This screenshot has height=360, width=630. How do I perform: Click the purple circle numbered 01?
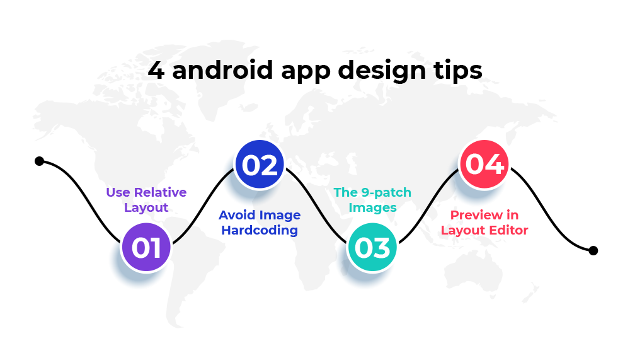[x=146, y=247]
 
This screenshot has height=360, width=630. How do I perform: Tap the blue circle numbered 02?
[x=259, y=165]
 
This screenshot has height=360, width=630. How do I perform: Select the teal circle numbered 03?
[x=372, y=247]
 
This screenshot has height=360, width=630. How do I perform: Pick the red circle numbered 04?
[x=484, y=164]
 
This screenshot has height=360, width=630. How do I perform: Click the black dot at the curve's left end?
[x=39, y=161]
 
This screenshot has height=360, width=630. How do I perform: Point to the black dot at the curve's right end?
[x=593, y=250]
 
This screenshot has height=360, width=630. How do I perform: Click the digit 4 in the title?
[x=156, y=71]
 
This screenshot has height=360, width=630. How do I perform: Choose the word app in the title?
[x=306, y=73]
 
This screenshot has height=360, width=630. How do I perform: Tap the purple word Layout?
[x=146, y=208]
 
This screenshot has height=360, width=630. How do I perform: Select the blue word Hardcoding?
[x=260, y=230]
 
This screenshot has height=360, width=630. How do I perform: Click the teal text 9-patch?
[x=386, y=193]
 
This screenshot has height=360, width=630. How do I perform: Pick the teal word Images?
[x=372, y=208]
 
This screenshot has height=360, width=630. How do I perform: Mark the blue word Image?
[x=280, y=216]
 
